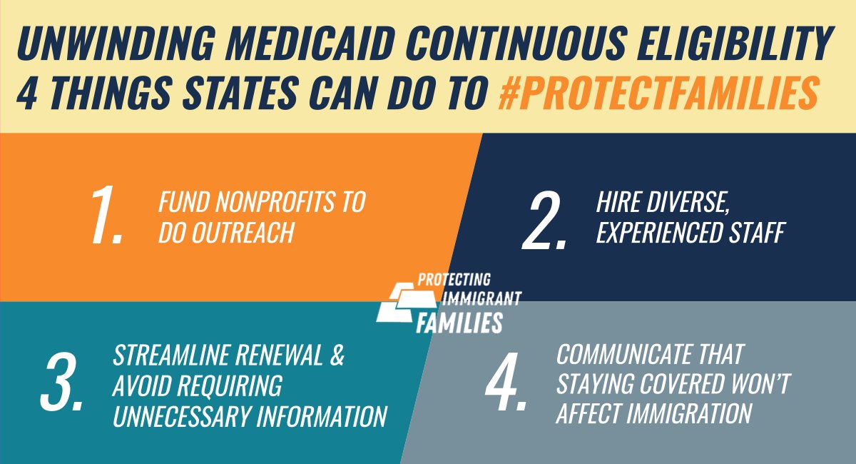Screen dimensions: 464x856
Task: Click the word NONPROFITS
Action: pyautogui.click(x=263, y=203)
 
